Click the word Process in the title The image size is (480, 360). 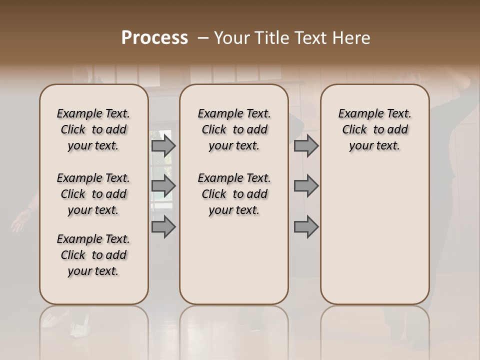tap(154, 38)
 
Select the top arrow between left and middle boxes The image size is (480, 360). tap(163, 146)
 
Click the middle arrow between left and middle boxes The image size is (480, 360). tap(163, 186)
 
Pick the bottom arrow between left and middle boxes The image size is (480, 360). tap(163, 226)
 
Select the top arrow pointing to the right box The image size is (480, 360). tap(306, 146)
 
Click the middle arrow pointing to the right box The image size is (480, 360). tap(306, 186)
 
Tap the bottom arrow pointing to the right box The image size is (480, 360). tap(306, 226)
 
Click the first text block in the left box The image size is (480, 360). tap(93, 129)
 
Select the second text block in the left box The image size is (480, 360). tap(93, 194)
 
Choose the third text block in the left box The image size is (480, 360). tap(93, 255)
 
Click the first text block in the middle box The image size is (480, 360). tap(234, 129)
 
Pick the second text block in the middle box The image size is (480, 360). tap(234, 194)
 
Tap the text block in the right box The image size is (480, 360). tap(374, 129)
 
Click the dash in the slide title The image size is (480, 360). tap(203, 38)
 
